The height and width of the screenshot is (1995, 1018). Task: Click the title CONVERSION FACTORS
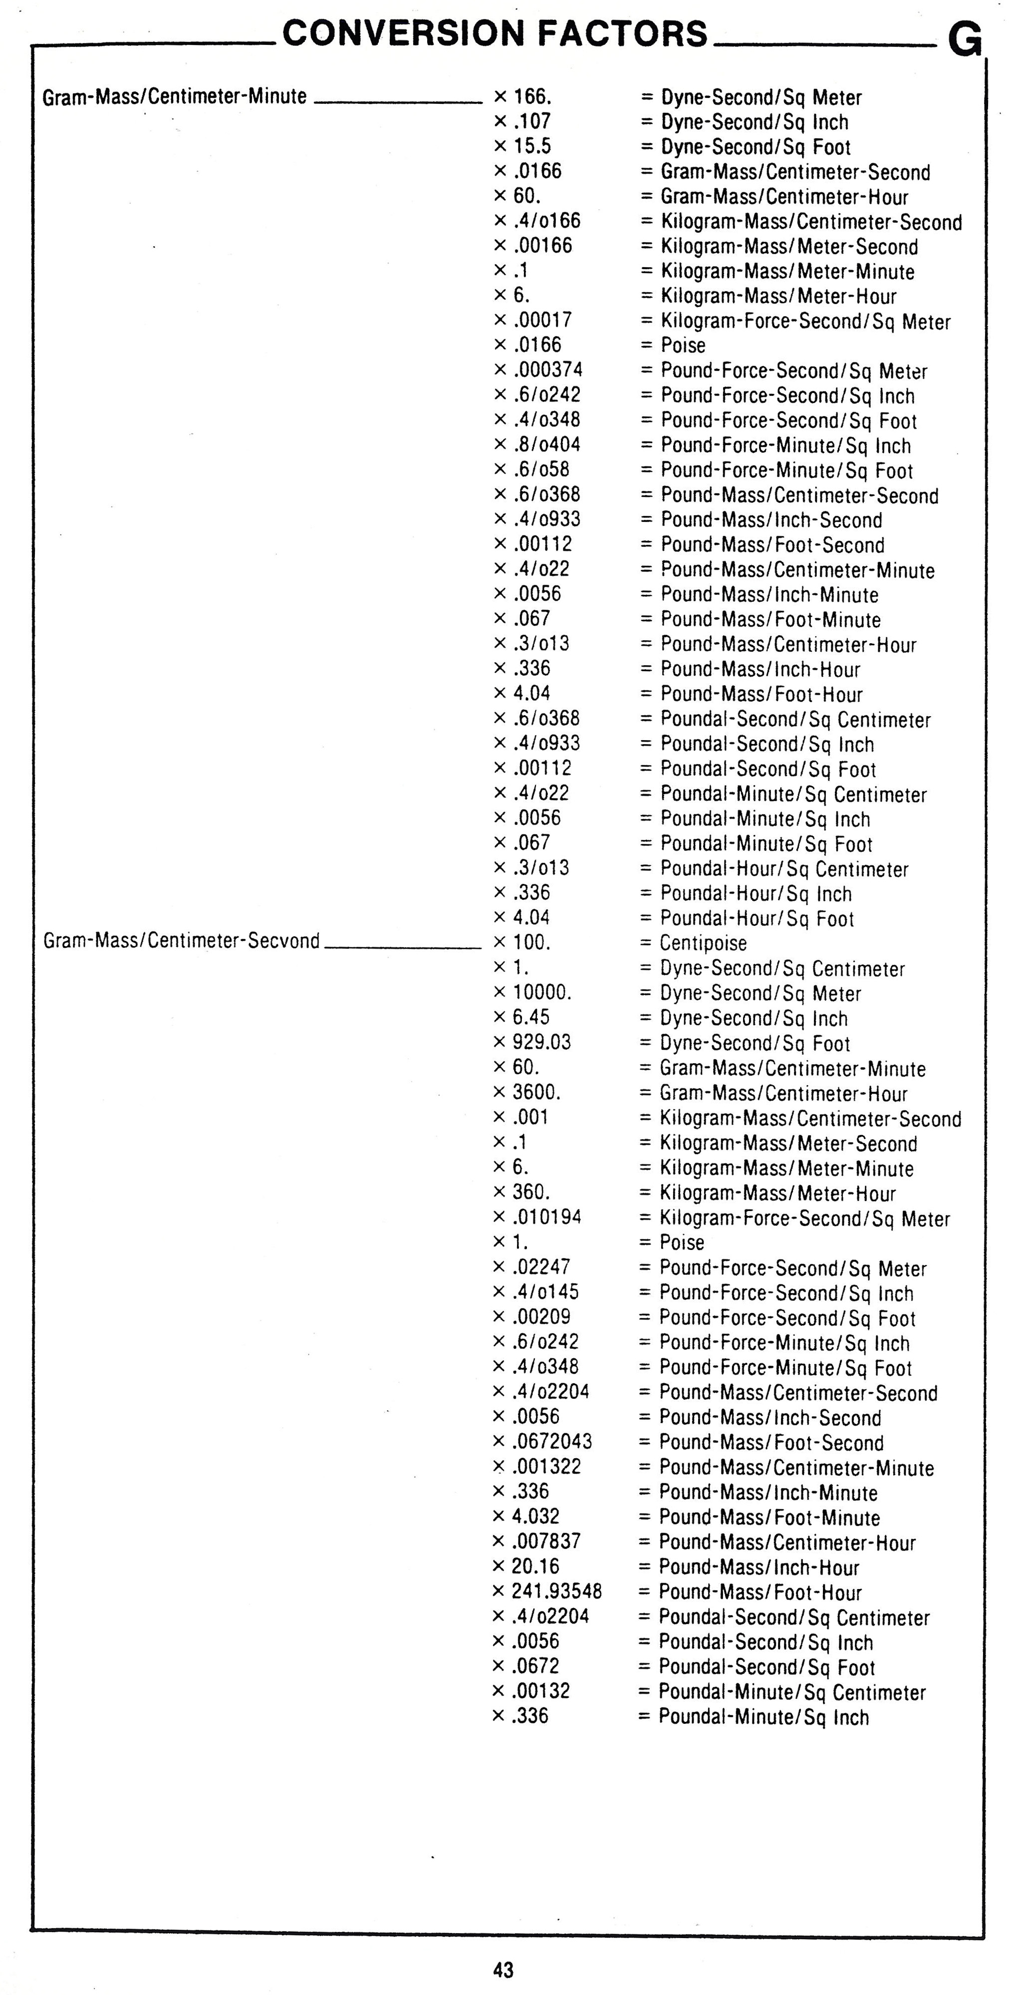496,34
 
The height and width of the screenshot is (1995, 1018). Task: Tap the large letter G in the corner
965,40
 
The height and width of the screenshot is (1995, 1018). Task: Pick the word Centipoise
703,943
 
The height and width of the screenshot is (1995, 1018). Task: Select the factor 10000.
542,993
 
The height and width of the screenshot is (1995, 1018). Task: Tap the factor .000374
548,370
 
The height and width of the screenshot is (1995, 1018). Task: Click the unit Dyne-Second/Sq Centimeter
782,969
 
